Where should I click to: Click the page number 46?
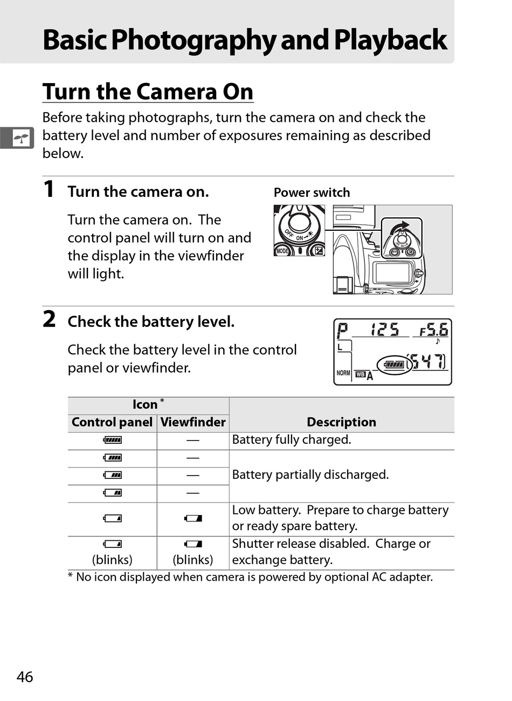[25, 677]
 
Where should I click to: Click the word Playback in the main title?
[390, 40]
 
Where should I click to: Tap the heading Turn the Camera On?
[148, 92]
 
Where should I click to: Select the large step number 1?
[49, 189]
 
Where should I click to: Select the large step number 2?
[49, 319]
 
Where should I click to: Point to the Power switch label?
[312, 193]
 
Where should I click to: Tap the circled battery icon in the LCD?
[394, 365]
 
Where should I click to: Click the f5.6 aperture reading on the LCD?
[434, 329]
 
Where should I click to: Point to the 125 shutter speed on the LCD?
[385, 329]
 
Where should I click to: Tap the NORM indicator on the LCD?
[343, 373]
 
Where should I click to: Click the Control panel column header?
[112, 422]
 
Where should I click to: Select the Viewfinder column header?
[193, 422]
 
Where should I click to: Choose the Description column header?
[341, 422]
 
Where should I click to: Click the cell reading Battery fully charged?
[292, 440]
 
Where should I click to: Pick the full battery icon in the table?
[113, 440]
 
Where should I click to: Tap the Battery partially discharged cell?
[310, 475]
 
